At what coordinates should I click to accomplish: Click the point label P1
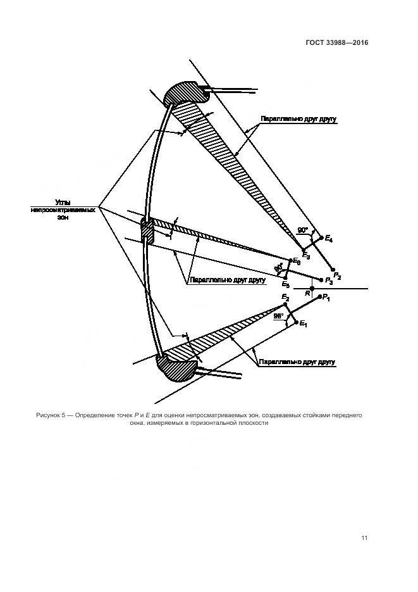coord(326,298)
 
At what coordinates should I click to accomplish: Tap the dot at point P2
coord(333,270)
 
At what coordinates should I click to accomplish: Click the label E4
coord(329,239)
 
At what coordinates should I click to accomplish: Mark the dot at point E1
coord(295,324)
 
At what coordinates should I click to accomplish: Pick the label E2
coord(285,297)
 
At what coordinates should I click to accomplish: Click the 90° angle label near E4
coord(303,230)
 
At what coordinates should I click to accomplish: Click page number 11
coord(364,538)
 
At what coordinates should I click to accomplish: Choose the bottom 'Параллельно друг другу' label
coord(296,362)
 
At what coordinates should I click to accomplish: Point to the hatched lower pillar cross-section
coord(178,366)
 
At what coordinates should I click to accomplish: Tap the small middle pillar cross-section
coord(146,232)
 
